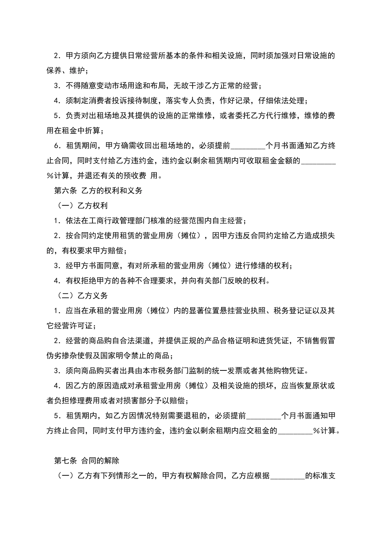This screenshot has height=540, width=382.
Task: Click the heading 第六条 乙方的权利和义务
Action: pyautogui.click(x=99, y=191)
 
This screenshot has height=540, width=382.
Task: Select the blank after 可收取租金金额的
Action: pyautogui.click(x=318, y=161)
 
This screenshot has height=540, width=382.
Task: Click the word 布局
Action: pyautogui.click(x=158, y=86)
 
